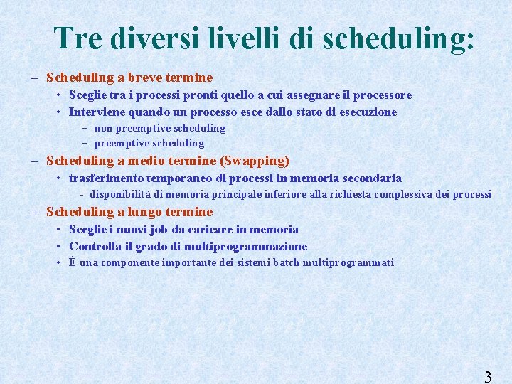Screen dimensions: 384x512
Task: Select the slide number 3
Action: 488,377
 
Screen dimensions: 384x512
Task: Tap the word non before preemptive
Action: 103,129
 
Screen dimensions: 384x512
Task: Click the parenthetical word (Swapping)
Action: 255,161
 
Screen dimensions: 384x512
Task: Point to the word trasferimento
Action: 106,178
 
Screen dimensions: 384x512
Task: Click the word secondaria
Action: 373,178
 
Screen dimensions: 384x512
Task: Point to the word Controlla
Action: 95,247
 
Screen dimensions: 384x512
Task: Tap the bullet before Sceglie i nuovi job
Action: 58,230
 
